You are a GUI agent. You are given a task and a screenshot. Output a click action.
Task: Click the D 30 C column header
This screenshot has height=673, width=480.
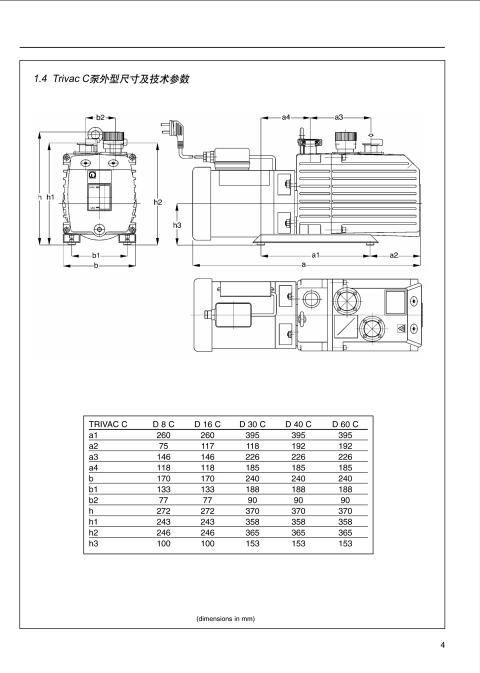252,424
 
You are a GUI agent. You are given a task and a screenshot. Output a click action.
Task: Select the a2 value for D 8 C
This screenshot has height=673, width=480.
163,446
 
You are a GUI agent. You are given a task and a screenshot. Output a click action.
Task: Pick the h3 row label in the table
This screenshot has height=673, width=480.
93,543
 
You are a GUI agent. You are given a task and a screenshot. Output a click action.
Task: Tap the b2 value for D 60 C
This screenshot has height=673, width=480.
345,500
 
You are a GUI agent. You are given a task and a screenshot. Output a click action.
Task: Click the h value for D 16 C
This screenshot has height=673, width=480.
207,511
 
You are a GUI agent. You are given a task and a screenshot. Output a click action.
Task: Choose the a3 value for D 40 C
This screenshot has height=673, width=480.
298,457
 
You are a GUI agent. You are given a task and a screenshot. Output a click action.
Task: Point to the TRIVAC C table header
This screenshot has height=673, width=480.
108,424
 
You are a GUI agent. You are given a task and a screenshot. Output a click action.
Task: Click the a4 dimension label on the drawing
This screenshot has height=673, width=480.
285,117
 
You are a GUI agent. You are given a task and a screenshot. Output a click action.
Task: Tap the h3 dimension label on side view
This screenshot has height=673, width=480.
177,225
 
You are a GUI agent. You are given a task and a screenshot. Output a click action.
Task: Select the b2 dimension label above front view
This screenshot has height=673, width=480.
100,117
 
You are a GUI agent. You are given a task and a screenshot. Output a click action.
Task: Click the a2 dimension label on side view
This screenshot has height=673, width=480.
394,255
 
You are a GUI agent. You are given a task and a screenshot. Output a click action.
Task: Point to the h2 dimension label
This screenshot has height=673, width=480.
157,202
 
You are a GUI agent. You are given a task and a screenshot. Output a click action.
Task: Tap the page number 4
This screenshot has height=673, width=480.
442,644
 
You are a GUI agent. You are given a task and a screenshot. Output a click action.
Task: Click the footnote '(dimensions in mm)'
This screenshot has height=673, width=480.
225,618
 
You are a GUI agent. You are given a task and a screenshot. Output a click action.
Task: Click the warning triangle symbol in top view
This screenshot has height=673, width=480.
401,328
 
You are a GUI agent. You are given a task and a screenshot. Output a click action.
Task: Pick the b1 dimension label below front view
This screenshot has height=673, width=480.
96,255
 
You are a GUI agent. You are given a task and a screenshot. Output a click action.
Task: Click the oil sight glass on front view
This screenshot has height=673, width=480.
98,197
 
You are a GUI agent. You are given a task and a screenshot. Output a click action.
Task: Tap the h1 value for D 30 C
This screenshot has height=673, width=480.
252,521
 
